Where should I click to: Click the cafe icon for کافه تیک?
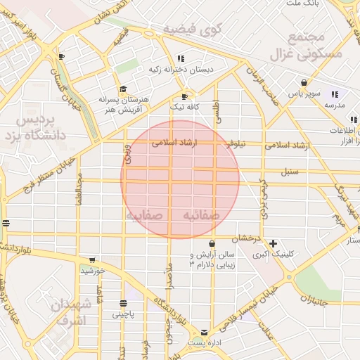(185, 96)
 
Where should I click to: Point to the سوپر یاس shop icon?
(304, 82)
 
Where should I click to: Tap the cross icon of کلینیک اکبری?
(273, 243)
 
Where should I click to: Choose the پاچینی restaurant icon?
(124, 304)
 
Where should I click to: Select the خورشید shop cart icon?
(92, 259)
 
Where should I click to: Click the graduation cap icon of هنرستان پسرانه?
(124, 89)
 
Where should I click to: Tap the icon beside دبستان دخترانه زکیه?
(181, 59)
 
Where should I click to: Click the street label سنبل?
(289, 172)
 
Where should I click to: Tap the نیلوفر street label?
(236, 143)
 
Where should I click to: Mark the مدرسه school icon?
(335, 94)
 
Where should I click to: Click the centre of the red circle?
(181, 179)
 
